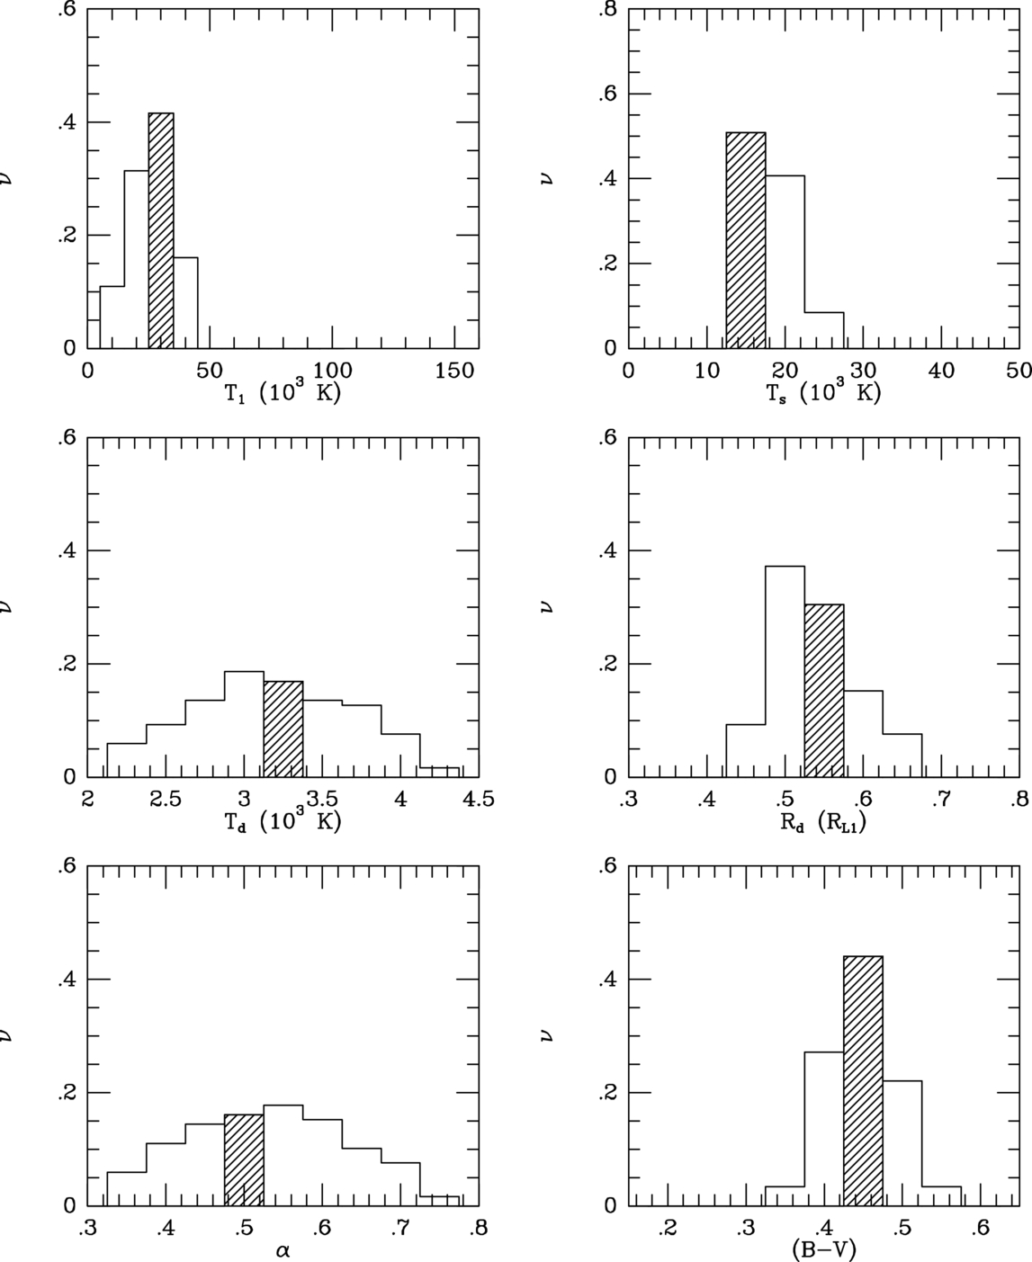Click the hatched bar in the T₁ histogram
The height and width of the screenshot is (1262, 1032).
click(161, 230)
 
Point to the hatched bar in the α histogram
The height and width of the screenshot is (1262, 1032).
click(244, 1159)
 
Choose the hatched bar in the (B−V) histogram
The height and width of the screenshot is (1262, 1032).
click(863, 1080)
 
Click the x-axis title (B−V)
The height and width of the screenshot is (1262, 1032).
click(823, 1249)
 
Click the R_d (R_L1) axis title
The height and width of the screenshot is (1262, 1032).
click(823, 821)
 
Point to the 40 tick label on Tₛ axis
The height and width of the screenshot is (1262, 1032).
click(941, 370)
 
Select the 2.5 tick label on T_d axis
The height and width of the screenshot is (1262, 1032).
click(165, 799)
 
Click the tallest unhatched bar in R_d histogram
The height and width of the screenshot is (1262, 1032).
click(785, 671)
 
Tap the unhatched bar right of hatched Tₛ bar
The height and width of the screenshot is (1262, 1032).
click(785, 262)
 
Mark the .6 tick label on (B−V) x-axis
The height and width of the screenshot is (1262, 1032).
click(980, 1227)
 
